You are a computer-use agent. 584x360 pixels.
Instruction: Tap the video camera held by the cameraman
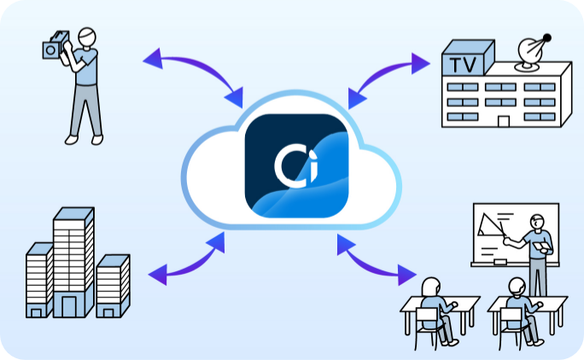57,47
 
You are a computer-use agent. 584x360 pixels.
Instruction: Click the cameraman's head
85,38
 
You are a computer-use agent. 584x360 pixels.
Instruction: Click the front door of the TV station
504,120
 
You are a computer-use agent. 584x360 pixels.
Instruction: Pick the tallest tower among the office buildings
73,255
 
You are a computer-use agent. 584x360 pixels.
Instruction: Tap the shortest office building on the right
113,285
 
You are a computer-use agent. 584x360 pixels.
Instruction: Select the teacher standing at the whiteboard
536,253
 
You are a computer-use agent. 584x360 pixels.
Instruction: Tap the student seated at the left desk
433,303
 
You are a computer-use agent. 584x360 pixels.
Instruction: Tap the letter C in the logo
285,165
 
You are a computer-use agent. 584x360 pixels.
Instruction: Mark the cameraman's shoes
84,139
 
